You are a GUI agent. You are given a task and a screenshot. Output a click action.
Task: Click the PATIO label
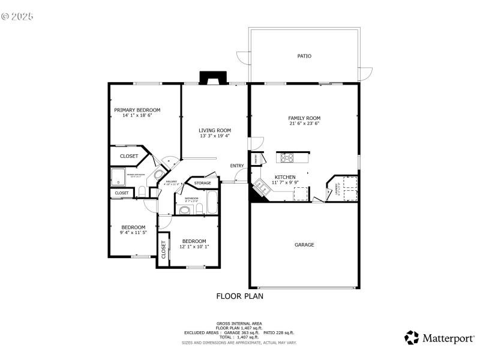pyautogui.click(x=304, y=56)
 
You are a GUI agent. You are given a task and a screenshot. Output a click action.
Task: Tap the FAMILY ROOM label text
pyautogui.click(x=304, y=118)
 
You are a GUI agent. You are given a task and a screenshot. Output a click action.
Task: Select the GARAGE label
pyautogui.click(x=304, y=245)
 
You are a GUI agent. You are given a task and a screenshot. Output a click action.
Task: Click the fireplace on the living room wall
pyautogui.click(x=213, y=78)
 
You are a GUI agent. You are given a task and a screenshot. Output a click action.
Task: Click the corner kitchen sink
pyautogui.click(x=260, y=185)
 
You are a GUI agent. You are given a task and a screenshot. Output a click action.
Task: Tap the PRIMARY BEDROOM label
pyautogui.click(x=137, y=110)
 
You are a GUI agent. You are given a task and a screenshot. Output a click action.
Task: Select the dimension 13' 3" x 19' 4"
pyautogui.click(x=215, y=136)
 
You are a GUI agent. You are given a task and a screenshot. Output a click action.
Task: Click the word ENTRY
pyautogui.click(x=237, y=166)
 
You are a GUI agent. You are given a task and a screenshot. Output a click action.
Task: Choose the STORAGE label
pyautogui.click(x=202, y=183)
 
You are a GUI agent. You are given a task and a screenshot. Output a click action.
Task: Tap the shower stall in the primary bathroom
pyautogui.click(x=118, y=176)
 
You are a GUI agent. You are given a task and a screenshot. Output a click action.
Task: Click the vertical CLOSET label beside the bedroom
pyautogui.click(x=163, y=249)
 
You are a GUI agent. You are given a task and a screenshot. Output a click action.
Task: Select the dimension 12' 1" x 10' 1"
pyautogui.click(x=194, y=247)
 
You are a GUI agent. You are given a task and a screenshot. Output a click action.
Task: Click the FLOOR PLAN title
pyautogui.click(x=239, y=296)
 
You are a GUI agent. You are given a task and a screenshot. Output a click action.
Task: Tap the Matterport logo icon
pyautogui.click(x=412, y=338)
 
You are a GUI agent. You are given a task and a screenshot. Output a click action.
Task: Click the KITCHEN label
pyautogui.click(x=285, y=177)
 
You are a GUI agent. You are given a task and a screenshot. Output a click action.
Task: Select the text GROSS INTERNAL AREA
pyautogui.click(x=239, y=323)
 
